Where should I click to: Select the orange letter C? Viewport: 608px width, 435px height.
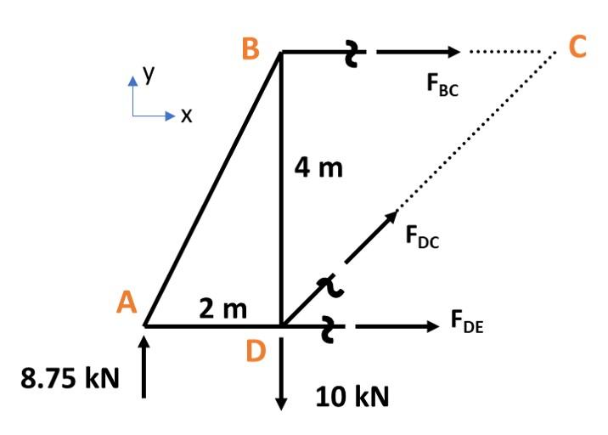(578, 48)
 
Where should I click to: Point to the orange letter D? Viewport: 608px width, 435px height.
(256, 350)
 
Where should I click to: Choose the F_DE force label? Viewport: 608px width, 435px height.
(468, 325)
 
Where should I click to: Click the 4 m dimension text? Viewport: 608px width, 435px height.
(319, 168)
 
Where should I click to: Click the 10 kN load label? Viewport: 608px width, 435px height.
(352, 396)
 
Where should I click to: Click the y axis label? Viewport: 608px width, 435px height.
(149, 75)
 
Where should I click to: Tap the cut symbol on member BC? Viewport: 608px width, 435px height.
(351, 53)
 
